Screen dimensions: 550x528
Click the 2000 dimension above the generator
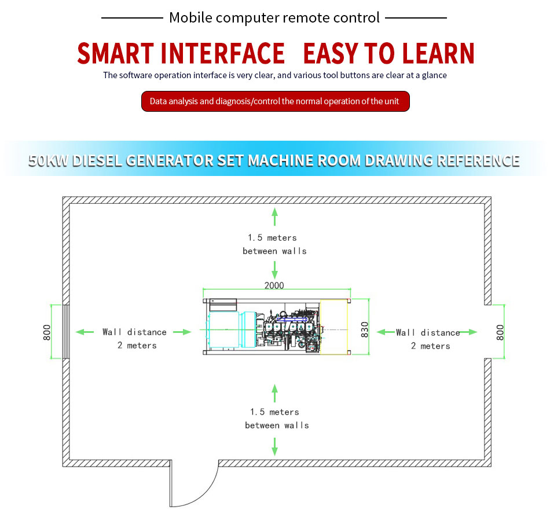pos(274,285)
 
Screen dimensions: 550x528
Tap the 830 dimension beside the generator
pos(365,329)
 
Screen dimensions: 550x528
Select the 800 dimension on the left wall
pos(47,332)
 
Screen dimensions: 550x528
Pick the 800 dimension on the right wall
pos(501,332)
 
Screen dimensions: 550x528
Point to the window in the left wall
pos(67,332)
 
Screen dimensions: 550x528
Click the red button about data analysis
pos(275,101)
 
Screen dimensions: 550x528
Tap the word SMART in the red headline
pos(116,53)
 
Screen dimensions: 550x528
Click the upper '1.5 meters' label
pos(272,237)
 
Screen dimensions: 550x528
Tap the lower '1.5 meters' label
pos(274,412)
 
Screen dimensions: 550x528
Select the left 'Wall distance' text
pos(134,332)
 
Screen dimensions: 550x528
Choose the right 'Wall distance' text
pos(428,332)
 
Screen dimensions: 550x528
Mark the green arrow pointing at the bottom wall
pos(274,446)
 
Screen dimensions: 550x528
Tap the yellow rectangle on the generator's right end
pos(333,327)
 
